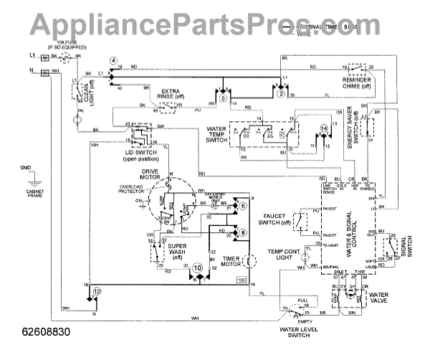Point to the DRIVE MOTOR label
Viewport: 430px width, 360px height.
[173, 174]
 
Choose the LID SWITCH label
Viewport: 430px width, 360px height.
[139, 153]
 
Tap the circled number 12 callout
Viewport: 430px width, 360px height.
[97, 291]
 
